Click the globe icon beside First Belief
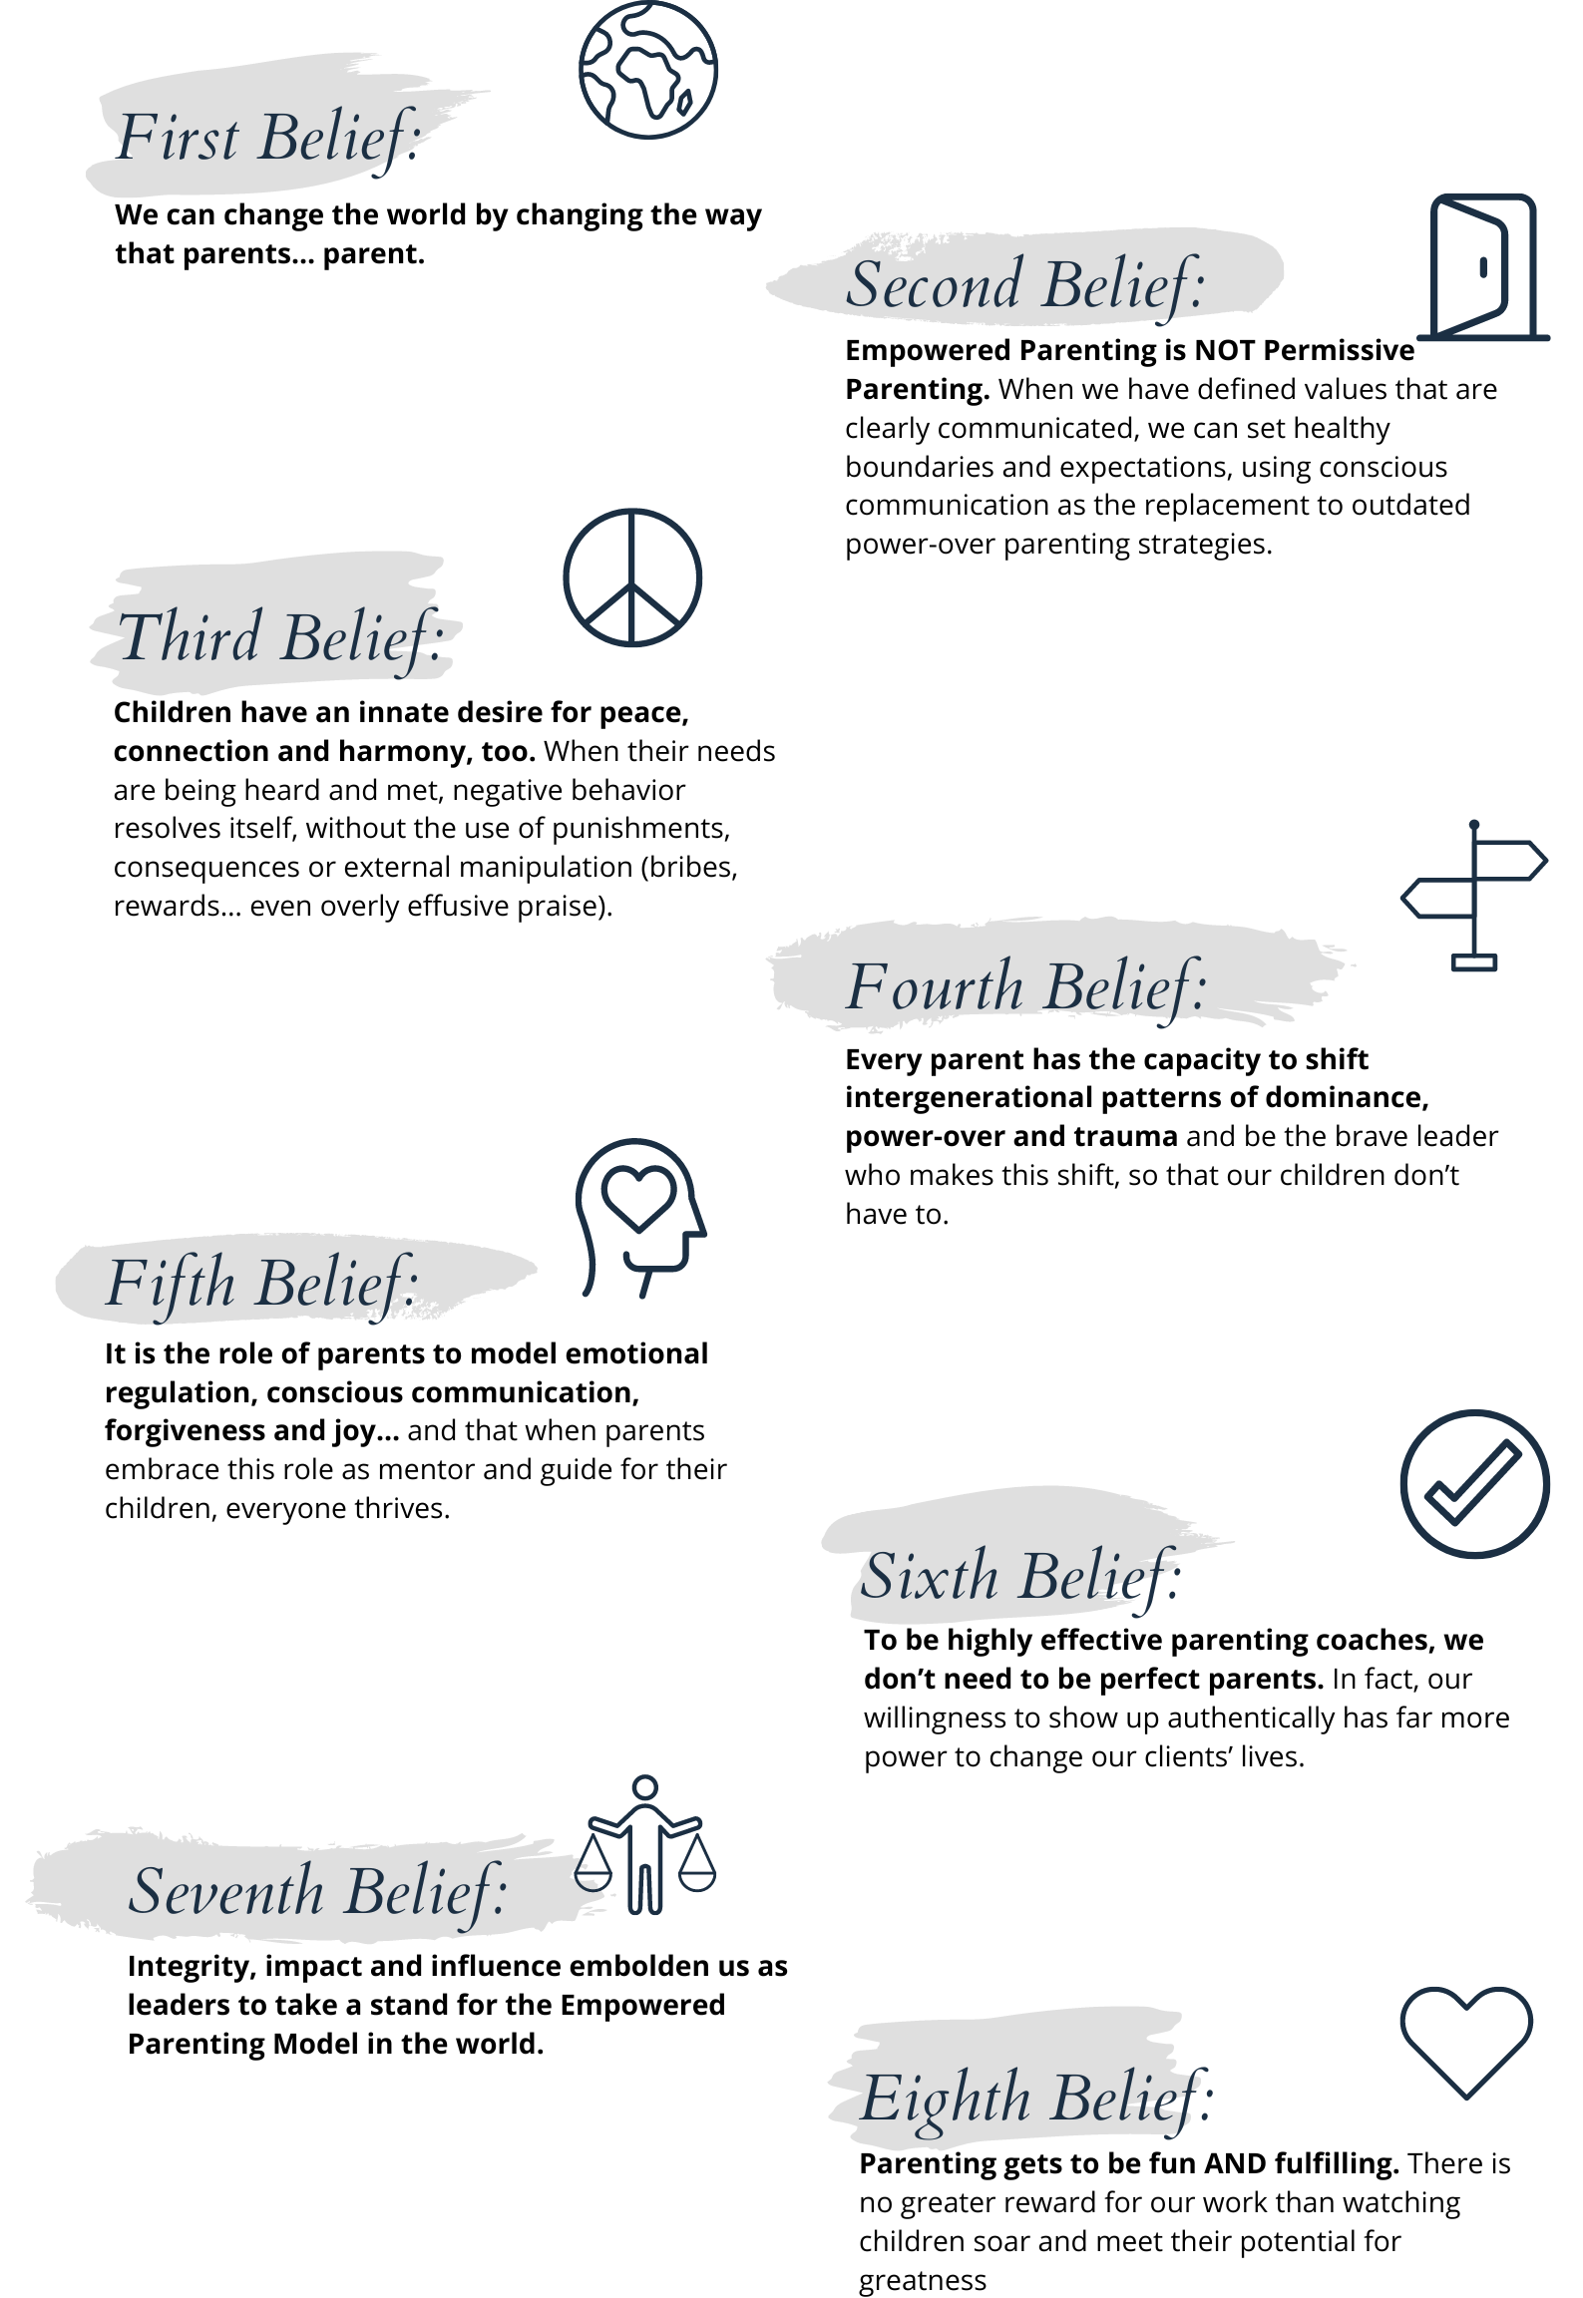[648, 70]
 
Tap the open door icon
[1483, 267]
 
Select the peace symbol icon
[632, 577]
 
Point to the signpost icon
[1474, 896]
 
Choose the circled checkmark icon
[1474, 1483]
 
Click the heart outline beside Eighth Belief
[1466, 2039]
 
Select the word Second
[934, 284]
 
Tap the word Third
[190, 637]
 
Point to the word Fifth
[171, 1284]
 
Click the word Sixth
[928, 1577]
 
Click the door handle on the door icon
[1483, 267]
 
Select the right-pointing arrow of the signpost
[1510, 860]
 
